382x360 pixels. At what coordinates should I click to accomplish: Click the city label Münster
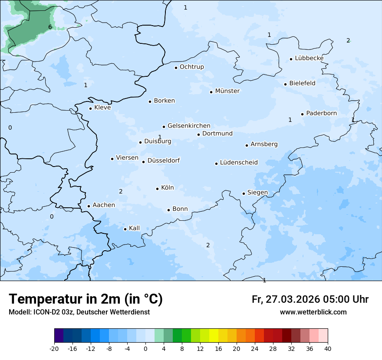click(x=227, y=91)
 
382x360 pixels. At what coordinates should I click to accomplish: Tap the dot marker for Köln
click(x=157, y=189)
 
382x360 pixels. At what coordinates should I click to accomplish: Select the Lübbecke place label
click(x=309, y=58)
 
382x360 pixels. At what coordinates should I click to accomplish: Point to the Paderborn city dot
click(x=302, y=114)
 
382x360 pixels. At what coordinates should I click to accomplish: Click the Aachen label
click(x=104, y=205)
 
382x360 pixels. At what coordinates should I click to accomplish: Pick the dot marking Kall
click(x=125, y=229)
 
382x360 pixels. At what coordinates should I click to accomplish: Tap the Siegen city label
click(x=257, y=193)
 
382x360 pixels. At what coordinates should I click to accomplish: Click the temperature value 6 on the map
click(x=50, y=27)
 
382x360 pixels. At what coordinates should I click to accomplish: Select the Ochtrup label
click(x=191, y=67)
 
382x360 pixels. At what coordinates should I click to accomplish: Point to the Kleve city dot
click(x=90, y=108)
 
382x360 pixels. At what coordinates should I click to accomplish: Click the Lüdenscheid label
click(x=239, y=163)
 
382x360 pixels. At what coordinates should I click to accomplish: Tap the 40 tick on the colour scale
click(x=328, y=348)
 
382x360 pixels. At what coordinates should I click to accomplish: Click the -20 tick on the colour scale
click(x=54, y=348)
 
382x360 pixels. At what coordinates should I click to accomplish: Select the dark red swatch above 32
click(x=286, y=336)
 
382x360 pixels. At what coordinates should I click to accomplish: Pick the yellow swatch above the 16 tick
click(x=214, y=336)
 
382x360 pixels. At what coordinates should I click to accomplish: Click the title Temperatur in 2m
click(x=86, y=299)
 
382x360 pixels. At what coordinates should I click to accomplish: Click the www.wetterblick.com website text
click(x=313, y=312)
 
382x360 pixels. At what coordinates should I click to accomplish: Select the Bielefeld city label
click(x=302, y=83)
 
